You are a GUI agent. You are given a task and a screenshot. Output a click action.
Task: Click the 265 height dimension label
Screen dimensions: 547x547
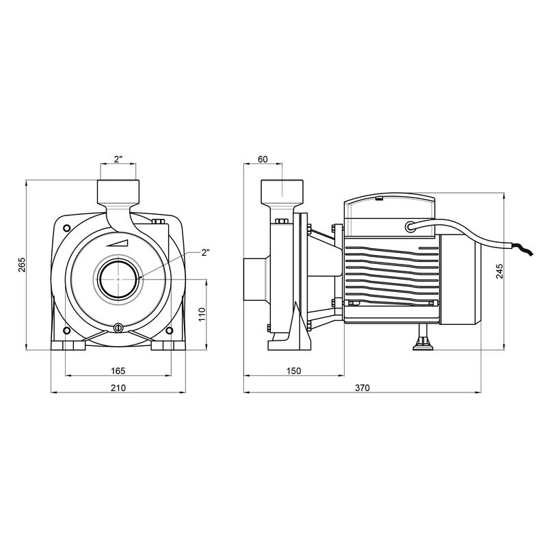22,265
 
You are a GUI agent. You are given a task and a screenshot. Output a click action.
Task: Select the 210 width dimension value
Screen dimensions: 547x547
118,388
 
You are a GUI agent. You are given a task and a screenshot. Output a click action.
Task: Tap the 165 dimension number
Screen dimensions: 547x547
118,371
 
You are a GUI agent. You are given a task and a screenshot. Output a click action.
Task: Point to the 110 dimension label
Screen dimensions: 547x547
202,315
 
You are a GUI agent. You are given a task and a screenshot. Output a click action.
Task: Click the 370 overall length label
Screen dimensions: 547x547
362,388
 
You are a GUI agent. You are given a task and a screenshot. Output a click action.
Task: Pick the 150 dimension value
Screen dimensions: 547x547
293,371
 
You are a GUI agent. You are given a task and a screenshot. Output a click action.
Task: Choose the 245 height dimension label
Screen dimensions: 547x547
500,271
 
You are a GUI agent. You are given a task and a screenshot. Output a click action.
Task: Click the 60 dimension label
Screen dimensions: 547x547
263,159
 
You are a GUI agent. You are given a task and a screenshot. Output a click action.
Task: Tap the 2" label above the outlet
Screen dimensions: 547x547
118,159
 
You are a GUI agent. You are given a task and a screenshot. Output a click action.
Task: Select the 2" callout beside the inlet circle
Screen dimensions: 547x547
206,252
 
